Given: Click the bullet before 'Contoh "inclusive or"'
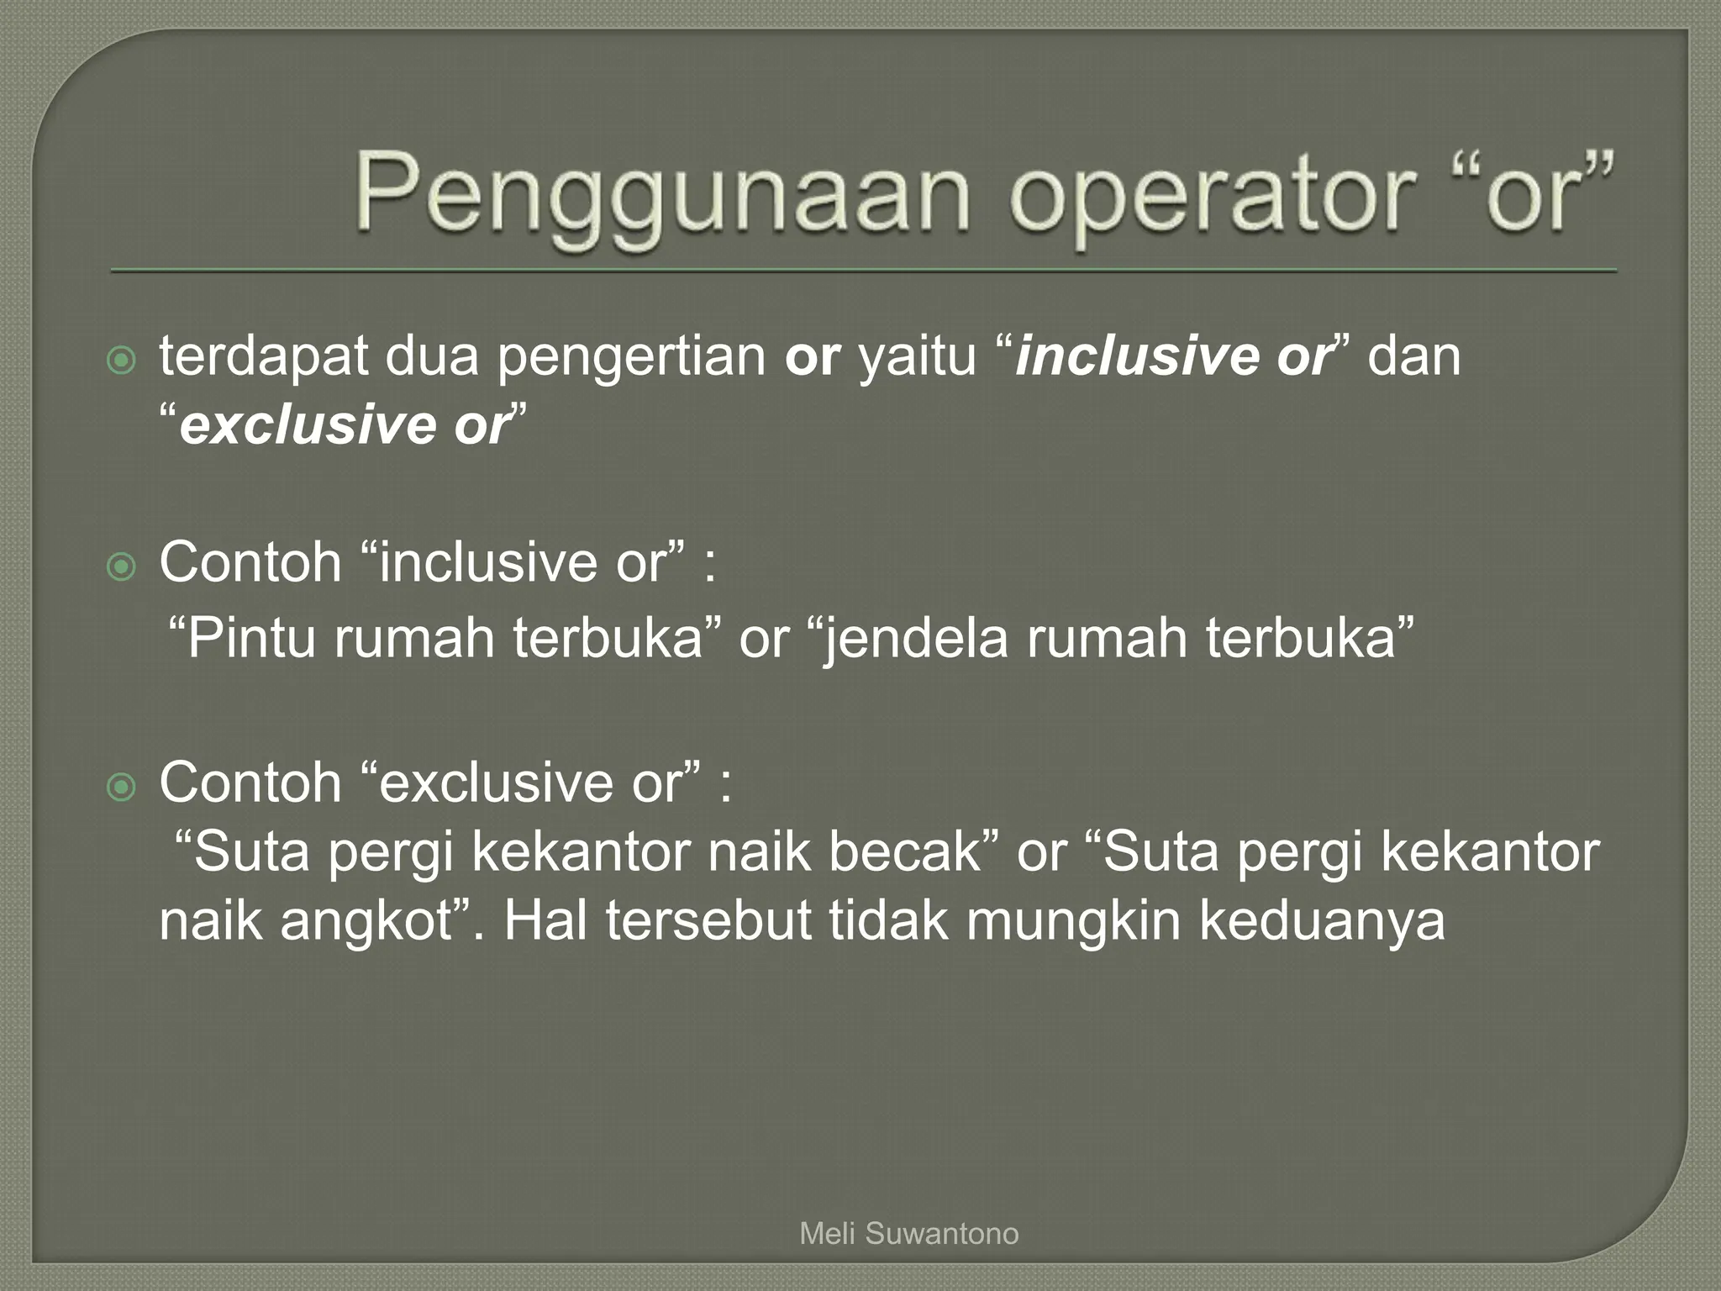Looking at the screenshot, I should click(x=123, y=568).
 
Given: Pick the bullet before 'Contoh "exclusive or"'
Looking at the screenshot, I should click(x=123, y=788).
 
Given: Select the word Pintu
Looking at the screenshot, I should click(x=250, y=638).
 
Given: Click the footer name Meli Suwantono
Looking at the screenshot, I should click(x=909, y=1234).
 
